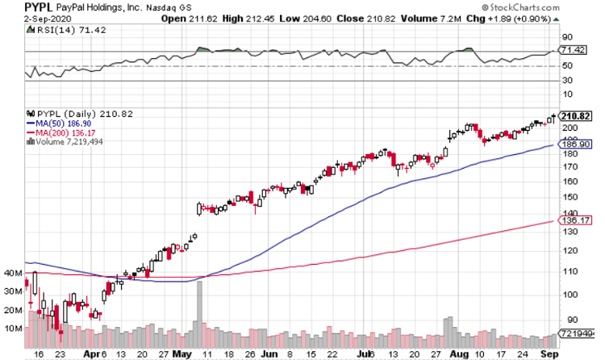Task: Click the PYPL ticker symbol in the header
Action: coord(17,7)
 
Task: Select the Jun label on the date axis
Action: coord(267,354)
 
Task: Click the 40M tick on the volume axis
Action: coord(12,274)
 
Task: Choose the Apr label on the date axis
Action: coord(95,354)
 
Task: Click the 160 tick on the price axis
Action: coord(569,181)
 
